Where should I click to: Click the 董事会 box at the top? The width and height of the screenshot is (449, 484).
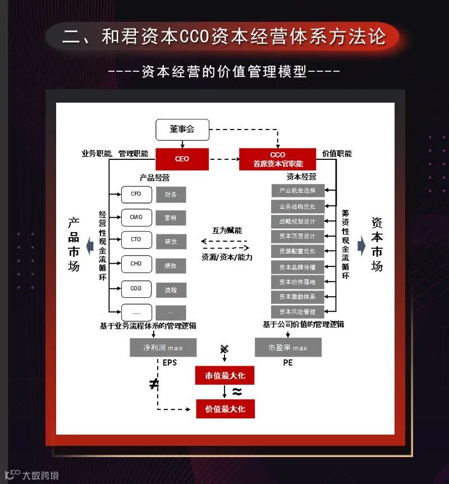coord(182,130)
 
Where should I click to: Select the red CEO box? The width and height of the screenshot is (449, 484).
coord(182,159)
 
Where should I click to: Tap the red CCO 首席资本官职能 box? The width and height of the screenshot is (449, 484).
coord(277,159)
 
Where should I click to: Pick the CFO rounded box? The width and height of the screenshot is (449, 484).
coord(136,194)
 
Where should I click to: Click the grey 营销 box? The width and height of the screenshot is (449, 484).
coord(171,218)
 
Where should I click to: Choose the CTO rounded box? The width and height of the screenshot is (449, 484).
coord(136,241)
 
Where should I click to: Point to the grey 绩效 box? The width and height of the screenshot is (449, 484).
coord(171,265)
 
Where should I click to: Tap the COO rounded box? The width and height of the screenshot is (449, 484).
coord(136,289)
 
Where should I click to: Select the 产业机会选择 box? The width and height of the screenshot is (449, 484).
coord(297,191)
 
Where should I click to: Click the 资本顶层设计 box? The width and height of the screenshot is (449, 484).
coord(297,236)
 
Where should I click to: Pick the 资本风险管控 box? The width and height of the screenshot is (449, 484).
coord(297,311)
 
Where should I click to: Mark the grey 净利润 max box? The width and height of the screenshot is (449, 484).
coord(163,348)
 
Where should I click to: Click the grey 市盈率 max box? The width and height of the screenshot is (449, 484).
coord(288,348)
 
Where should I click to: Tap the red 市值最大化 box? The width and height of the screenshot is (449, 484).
coord(225,375)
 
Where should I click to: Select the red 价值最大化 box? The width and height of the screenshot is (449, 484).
coord(225,409)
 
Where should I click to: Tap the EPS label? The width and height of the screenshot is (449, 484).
coord(169,363)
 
